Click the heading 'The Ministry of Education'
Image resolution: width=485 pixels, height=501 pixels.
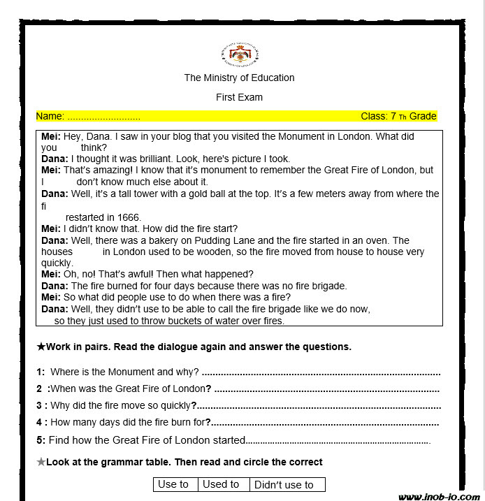tap(239, 78)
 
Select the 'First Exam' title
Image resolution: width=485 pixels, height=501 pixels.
tap(239, 97)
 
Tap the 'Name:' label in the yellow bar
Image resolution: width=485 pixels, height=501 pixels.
tap(50, 116)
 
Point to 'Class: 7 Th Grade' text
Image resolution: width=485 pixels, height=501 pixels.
tap(398, 116)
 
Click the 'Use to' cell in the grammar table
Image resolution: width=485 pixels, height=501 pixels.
tap(173, 484)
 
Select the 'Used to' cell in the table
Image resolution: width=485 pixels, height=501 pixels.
tap(220, 484)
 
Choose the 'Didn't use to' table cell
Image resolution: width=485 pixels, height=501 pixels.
tap(284, 485)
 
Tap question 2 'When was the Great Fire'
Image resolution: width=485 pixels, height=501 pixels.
tap(126, 389)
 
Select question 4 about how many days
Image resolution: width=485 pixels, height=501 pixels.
tap(129, 422)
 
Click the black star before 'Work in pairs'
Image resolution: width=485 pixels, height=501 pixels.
tap(41, 347)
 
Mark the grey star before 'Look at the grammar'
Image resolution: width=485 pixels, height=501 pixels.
tap(41, 462)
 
